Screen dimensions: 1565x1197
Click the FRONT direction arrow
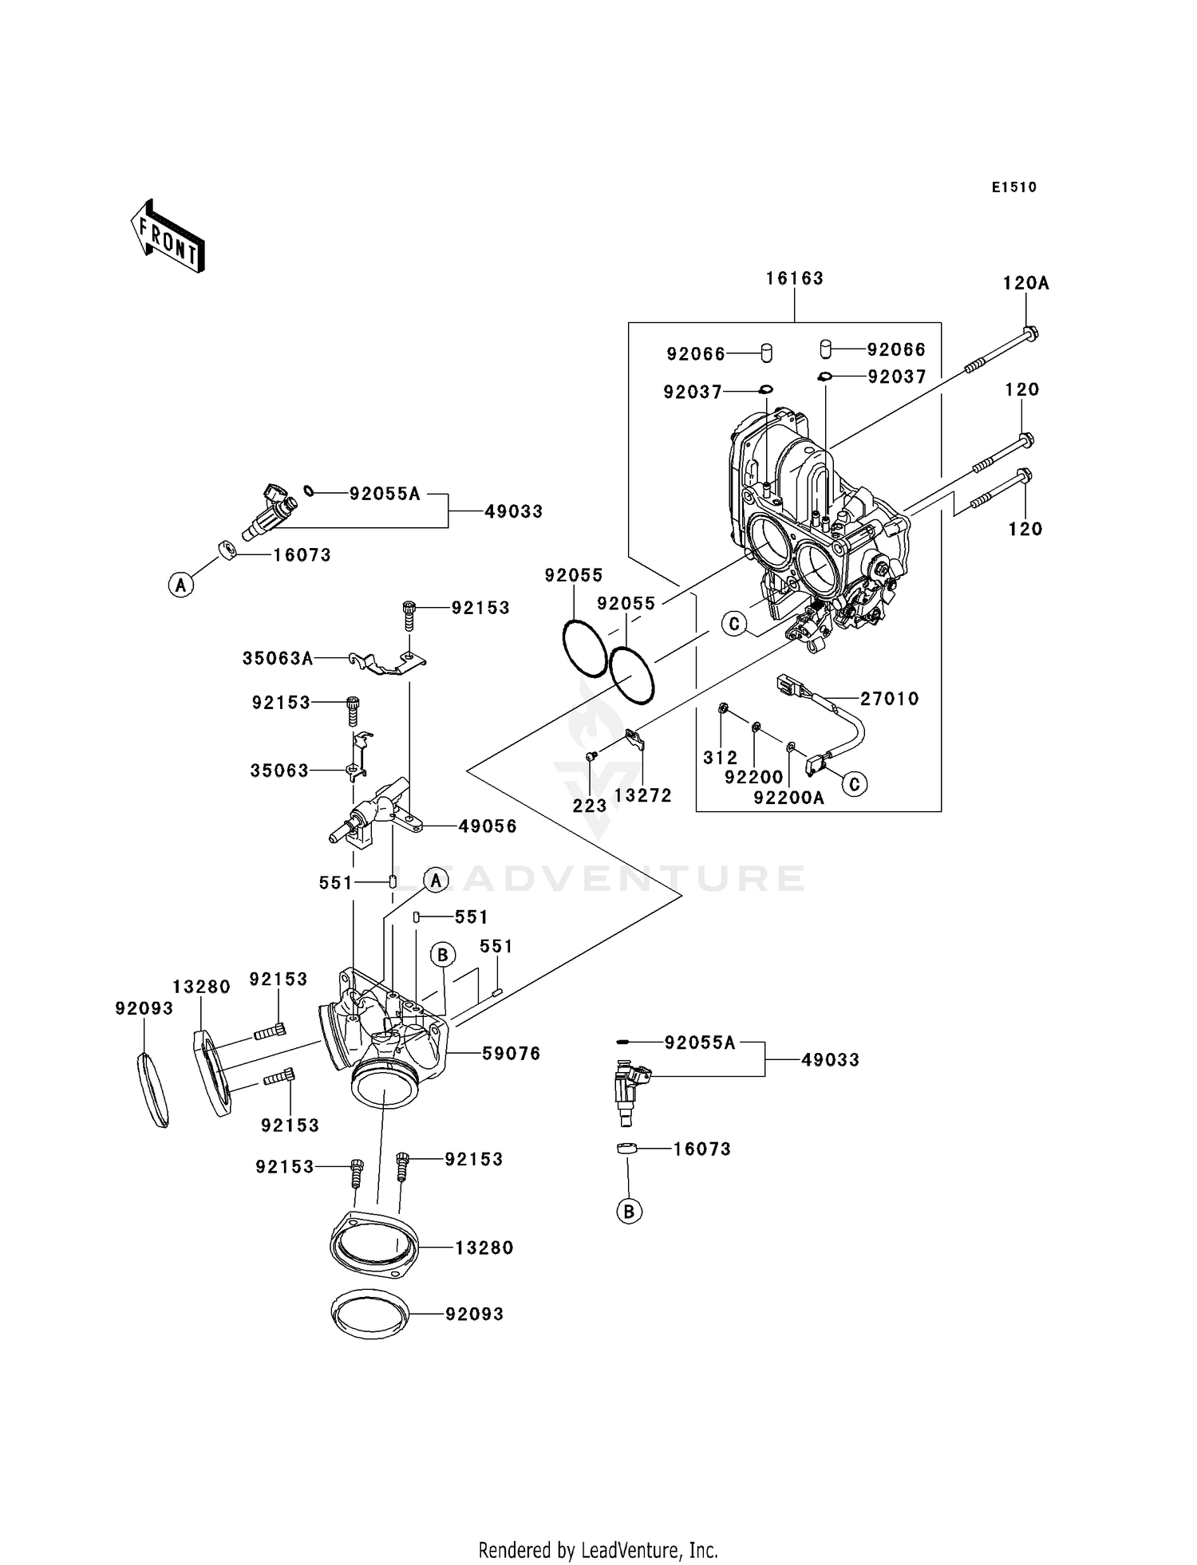(168, 237)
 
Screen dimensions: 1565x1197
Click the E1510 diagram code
(1013, 187)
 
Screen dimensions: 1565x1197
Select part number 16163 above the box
(794, 278)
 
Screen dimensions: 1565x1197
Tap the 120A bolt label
(1025, 283)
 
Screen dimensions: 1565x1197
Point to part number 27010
(889, 699)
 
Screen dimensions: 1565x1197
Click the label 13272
(642, 795)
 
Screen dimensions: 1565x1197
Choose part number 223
(590, 806)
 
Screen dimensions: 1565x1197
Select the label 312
(720, 758)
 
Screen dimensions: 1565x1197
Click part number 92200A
(788, 796)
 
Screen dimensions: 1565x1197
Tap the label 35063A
(278, 659)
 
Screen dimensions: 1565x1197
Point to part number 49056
(488, 826)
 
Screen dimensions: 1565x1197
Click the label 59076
(511, 1054)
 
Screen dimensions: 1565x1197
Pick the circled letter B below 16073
(629, 1212)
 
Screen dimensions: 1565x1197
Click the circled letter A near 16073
(181, 585)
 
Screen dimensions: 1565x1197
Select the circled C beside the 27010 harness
(855, 784)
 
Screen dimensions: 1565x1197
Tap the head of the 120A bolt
(1030, 333)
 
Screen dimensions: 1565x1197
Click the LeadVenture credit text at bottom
(598, 1550)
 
